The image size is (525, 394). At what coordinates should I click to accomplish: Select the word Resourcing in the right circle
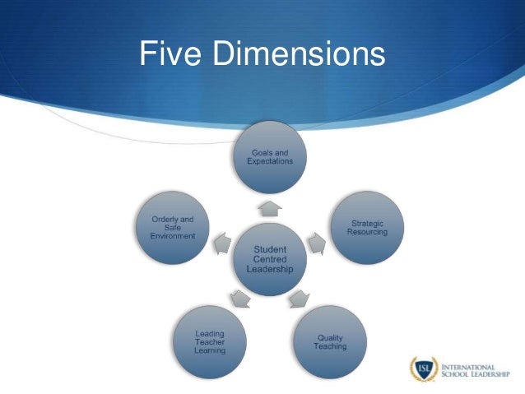(366, 232)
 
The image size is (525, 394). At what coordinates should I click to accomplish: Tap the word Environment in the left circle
(172, 236)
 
